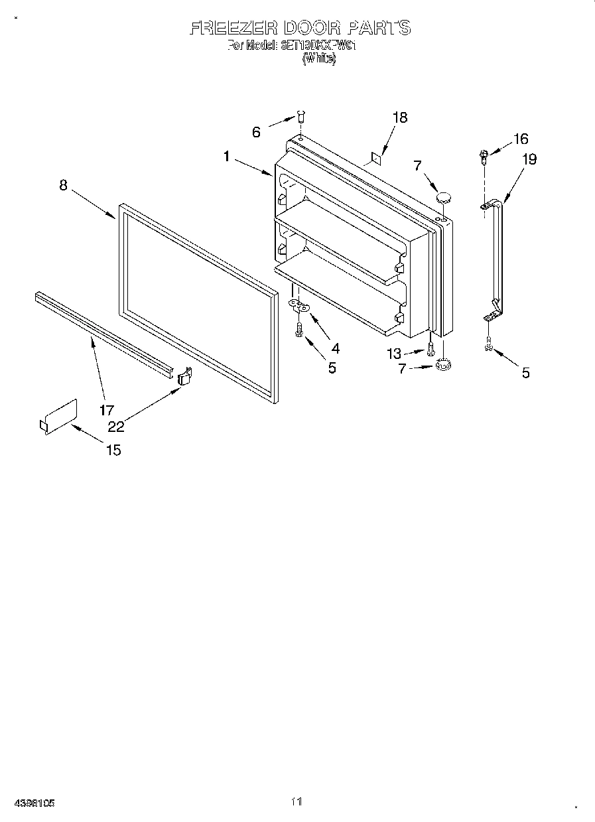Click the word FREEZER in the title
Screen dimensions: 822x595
coord(233,28)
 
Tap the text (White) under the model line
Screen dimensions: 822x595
coord(319,58)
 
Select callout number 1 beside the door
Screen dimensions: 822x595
coord(227,157)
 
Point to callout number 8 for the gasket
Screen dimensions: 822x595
coord(63,185)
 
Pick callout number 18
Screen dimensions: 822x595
coord(399,118)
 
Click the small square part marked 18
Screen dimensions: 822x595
coord(375,157)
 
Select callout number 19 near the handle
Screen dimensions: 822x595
coord(529,159)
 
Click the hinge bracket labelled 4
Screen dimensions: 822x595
coord(300,306)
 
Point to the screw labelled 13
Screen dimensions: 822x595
coord(432,345)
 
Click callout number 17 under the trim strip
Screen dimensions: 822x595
coord(107,410)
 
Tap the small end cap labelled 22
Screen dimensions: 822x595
coord(184,376)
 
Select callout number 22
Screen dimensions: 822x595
coord(116,426)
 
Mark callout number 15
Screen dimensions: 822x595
coord(113,450)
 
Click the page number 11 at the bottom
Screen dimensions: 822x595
coord(296,801)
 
